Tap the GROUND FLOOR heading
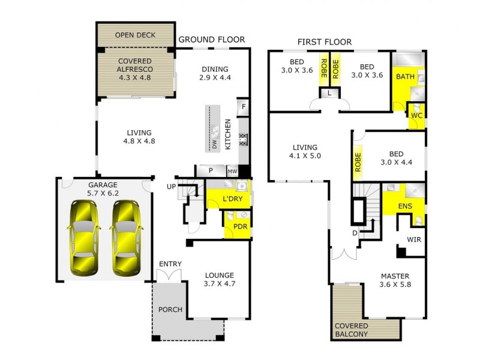[212, 40]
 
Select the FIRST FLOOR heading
[325, 42]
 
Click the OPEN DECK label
[135, 35]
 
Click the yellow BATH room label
[404, 77]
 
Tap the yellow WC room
[416, 115]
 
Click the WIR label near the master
[414, 240]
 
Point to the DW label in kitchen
[214, 143]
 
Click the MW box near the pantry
[232, 171]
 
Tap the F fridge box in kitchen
[243, 108]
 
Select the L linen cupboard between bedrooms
[329, 93]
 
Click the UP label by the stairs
[172, 187]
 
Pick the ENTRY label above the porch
[170, 265]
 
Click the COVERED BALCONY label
[356, 329]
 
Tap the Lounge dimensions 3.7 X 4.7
[218, 286]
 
